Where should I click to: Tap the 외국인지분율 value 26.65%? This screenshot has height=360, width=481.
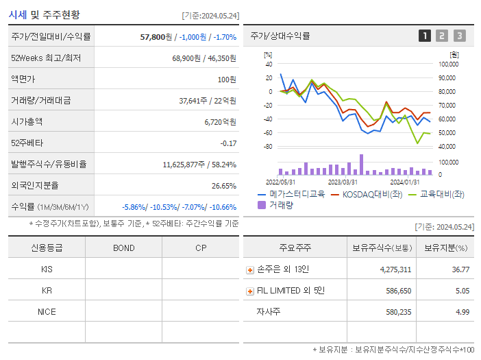click(224, 185)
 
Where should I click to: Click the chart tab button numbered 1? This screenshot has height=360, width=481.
click(425, 36)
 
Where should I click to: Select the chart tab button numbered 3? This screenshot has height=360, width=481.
click(459, 36)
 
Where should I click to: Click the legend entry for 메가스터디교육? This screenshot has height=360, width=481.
click(291, 194)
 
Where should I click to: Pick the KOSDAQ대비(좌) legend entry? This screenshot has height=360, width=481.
click(366, 194)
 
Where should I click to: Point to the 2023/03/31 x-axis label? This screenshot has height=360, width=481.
click(343, 182)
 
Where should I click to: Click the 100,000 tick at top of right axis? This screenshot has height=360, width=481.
click(447, 64)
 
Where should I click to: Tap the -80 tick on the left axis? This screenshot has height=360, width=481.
click(267, 146)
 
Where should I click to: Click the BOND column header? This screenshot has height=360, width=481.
click(123, 248)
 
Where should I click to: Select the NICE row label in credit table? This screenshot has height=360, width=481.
click(47, 311)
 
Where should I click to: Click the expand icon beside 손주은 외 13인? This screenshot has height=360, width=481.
click(250, 270)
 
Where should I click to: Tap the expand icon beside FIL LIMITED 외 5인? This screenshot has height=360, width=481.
click(250, 291)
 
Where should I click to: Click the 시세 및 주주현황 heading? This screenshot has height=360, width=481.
click(44, 14)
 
